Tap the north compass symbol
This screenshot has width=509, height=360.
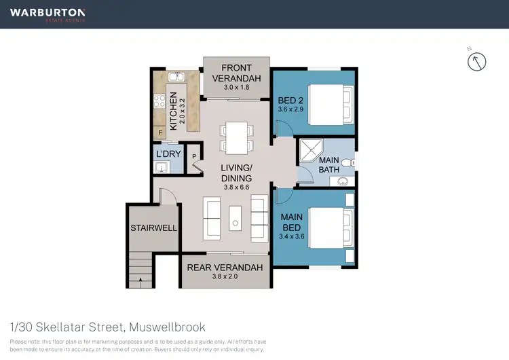tap(478, 62)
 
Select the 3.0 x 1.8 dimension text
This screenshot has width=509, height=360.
tap(236, 86)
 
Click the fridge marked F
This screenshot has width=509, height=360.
tap(160, 132)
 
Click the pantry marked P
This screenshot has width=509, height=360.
tap(194, 156)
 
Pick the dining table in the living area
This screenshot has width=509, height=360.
tap(236, 137)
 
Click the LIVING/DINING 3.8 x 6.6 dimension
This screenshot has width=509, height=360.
tap(236, 188)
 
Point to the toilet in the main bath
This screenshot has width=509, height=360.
tap(347, 162)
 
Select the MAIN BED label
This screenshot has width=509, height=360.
tap(292, 221)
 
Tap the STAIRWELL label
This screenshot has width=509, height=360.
tap(154, 228)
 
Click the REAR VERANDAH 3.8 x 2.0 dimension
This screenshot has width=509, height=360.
tap(224, 277)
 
